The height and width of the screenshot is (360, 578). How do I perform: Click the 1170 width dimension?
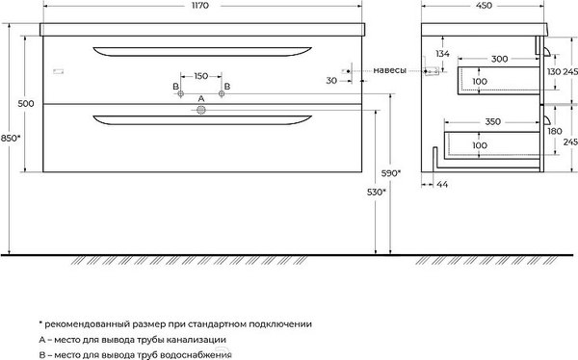201,7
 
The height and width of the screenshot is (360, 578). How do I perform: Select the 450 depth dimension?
485,7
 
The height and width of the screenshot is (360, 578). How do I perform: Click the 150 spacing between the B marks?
201,75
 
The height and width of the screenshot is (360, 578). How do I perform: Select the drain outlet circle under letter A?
201,111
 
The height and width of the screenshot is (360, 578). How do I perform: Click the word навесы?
389,70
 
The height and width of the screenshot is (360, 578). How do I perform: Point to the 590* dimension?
390,174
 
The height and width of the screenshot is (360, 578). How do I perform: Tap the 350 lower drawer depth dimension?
493,123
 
